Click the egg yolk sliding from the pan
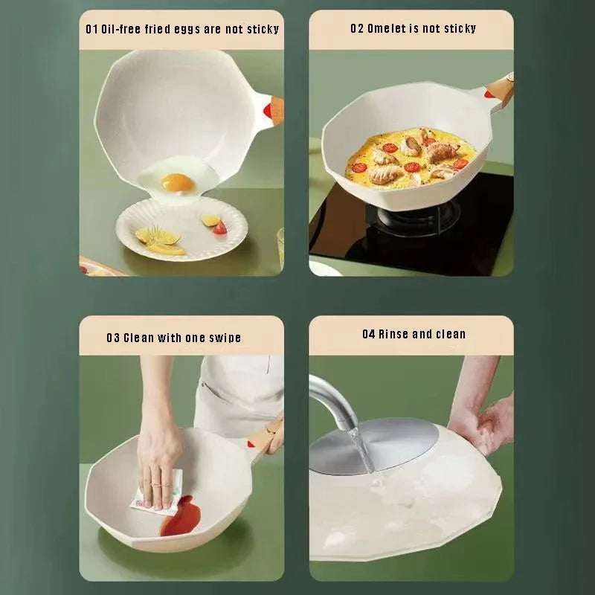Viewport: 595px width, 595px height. point(178,181)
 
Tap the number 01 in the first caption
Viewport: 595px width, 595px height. point(92,29)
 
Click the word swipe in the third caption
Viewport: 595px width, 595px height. point(224,338)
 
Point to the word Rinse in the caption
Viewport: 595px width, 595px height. point(393,334)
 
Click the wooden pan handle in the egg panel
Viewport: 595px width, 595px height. point(274,110)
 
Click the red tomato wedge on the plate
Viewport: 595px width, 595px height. point(219,228)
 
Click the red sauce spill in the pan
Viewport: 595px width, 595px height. point(181,516)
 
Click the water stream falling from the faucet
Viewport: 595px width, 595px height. point(361,449)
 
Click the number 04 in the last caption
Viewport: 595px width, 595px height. point(369,334)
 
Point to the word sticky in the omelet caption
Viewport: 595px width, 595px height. point(459,28)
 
